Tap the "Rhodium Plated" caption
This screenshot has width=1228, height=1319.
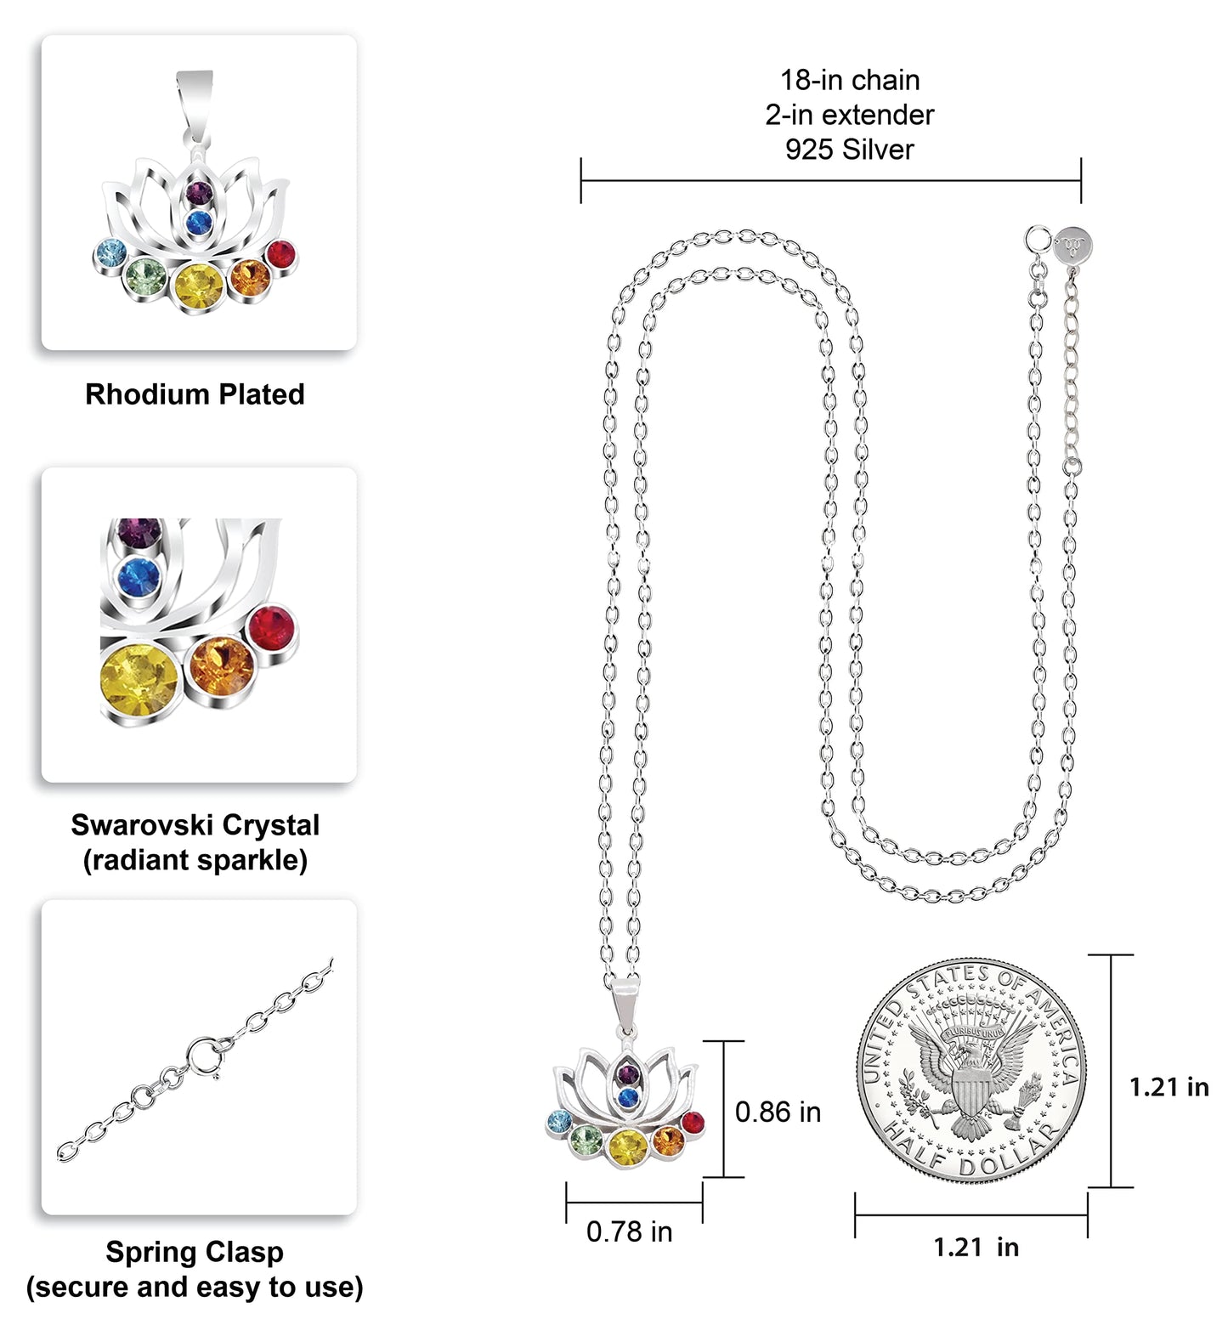coord(195,394)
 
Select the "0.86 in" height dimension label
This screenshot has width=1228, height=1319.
coord(778,1112)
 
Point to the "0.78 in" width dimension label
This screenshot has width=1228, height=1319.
coord(629,1231)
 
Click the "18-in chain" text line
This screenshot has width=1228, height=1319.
coord(850,80)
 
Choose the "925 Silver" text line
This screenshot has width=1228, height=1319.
coord(850,150)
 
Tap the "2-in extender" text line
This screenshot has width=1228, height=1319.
coord(850,115)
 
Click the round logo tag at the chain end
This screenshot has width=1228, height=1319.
coord(1073,247)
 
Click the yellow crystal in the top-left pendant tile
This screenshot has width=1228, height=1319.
coord(199,286)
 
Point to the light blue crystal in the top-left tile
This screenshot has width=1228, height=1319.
coord(110,252)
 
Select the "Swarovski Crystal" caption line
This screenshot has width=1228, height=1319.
coord(195,825)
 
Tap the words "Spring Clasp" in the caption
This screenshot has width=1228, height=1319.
coord(195,1252)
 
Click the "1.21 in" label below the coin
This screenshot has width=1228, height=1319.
coord(976,1247)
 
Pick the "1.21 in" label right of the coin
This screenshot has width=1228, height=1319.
coord(1169,1087)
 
